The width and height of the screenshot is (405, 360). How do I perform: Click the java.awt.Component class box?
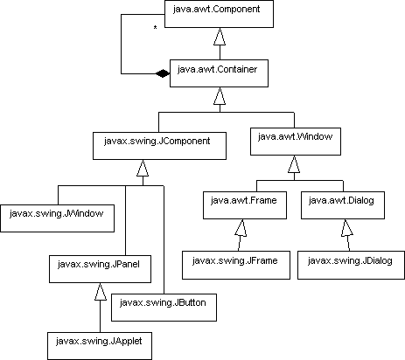pyautogui.click(x=219, y=14)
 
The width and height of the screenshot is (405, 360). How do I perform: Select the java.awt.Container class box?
pyautogui.click(x=219, y=73)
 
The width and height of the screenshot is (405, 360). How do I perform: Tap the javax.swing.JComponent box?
pyautogui.click(x=159, y=146)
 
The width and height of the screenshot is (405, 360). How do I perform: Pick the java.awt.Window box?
pyautogui.click(x=296, y=142)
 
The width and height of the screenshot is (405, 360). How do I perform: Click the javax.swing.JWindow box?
pyautogui.click(x=58, y=218)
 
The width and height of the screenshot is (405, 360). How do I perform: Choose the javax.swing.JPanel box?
pyautogui.click(x=100, y=269)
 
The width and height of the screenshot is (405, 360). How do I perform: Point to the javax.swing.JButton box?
pyautogui.click(x=164, y=308)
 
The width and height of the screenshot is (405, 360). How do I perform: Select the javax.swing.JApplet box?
pyautogui.click(x=100, y=346)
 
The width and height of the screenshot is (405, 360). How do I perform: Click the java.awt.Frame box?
pyautogui.click(x=245, y=205)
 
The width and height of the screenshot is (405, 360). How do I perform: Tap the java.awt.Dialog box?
pyautogui.click(x=343, y=205)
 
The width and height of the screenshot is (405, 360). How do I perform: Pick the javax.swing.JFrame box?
pyautogui.click(x=236, y=265)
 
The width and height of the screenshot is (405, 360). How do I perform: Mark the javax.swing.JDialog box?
pyautogui.click(x=351, y=265)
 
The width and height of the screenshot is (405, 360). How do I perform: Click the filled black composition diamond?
pyautogui.click(x=163, y=73)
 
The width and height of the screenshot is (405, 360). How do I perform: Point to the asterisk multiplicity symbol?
pyautogui.click(x=155, y=28)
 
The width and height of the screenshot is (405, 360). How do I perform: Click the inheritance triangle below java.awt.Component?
pyautogui.click(x=220, y=37)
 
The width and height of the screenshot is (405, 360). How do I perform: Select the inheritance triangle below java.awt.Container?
pyautogui.click(x=220, y=96)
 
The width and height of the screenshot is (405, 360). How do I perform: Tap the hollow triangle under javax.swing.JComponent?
pyautogui.click(x=143, y=168)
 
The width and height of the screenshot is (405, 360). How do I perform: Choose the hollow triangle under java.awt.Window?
pyautogui.click(x=294, y=164)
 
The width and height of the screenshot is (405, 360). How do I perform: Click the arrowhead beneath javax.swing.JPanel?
pyautogui.click(x=101, y=292)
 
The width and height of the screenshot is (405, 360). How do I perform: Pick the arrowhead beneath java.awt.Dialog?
pyautogui.click(x=347, y=228)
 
